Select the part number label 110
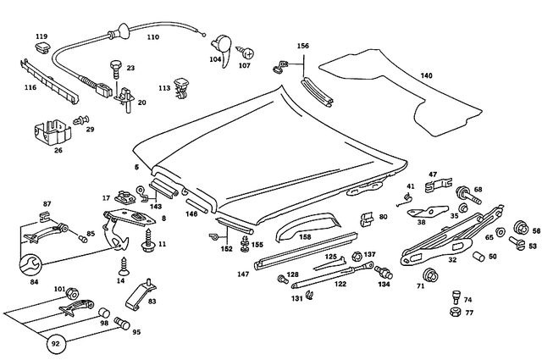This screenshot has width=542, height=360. click(152, 38)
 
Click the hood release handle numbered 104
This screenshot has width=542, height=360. click(219, 43)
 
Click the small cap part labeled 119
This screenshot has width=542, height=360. click(41, 47)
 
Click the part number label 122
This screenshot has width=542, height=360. click(340, 285)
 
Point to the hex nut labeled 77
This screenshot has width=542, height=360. click(456, 313)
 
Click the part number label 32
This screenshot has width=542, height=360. click(452, 261)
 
